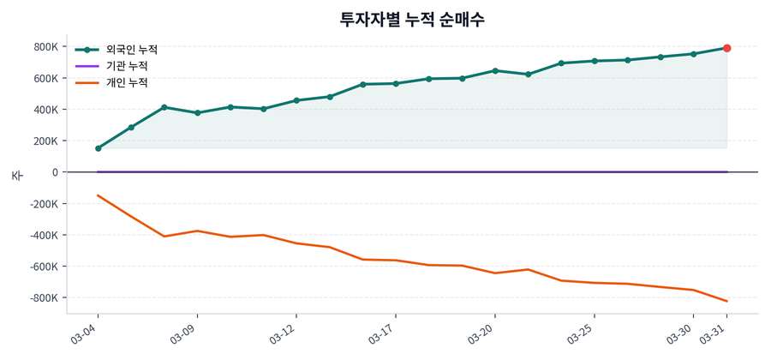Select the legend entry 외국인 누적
(126, 50)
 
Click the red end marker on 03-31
(726, 48)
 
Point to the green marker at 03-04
(99, 148)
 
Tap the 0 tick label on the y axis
(54, 172)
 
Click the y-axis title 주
(16, 175)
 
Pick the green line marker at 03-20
(495, 70)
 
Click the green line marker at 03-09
(197, 112)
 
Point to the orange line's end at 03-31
(726, 301)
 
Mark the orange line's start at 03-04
(99, 195)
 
